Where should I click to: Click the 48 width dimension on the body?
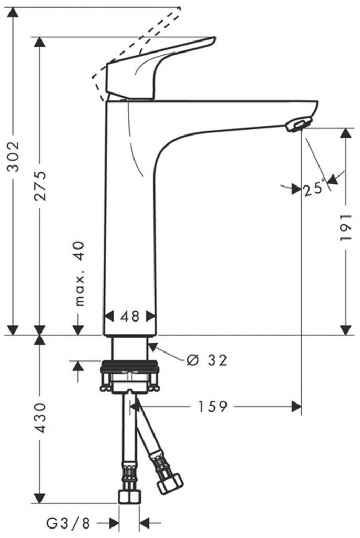(x=130, y=316)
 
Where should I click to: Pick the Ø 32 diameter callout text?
(x=207, y=360)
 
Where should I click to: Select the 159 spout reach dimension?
(x=213, y=406)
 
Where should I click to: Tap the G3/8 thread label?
(x=68, y=523)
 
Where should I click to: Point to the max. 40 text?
(x=79, y=273)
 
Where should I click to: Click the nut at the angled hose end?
(x=171, y=482)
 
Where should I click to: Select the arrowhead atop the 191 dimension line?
(x=345, y=133)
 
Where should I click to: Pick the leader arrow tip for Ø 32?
(x=151, y=345)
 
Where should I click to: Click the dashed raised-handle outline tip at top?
(x=179, y=8)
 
